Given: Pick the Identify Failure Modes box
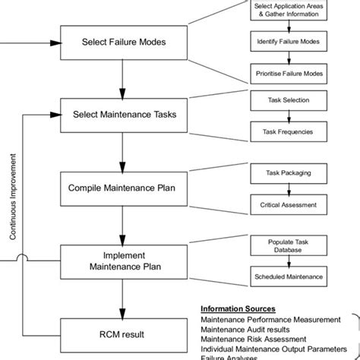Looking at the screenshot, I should (289, 43).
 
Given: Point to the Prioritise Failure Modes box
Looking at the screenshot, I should (289, 74).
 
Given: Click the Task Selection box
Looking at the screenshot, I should (289, 99).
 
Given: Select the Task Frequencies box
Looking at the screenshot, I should (289, 131).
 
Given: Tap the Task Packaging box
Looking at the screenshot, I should (289, 172).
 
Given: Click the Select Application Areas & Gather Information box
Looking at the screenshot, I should (289, 11).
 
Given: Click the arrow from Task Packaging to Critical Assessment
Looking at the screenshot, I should (289, 188).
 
